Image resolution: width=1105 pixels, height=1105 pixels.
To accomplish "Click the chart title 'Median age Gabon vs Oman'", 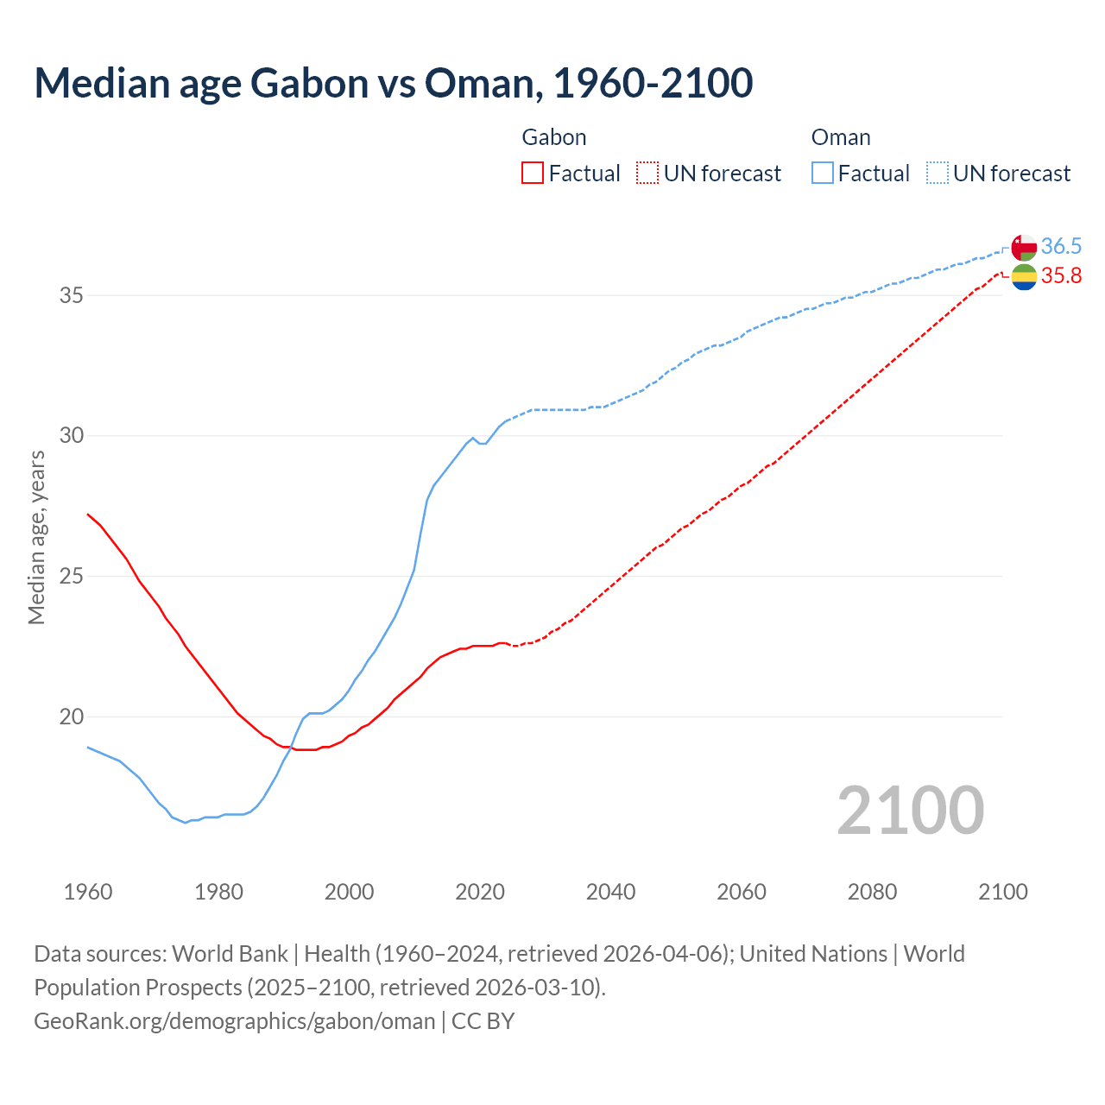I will tap(393, 83).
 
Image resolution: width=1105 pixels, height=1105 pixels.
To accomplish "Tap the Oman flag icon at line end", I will tap(1024, 247).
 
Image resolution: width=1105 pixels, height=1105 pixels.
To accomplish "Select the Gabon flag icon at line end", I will tap(1024, 277).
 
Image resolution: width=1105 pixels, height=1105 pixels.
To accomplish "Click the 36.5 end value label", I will tap(1061, 247).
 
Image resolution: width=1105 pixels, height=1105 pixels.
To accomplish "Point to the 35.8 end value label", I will tap(1061, 276).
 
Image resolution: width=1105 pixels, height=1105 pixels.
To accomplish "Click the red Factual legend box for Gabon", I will tap(533, 174).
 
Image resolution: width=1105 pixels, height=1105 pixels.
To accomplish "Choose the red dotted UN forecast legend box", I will tap(647, 174).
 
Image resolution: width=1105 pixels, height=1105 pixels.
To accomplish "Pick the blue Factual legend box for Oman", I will tap(823, 174).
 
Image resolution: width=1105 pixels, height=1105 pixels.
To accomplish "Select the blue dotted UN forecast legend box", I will tap(938, 174).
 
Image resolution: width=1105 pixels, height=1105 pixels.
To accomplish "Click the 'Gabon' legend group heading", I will tap(554, 137).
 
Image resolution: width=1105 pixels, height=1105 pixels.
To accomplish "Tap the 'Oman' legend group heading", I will tap(841, 137).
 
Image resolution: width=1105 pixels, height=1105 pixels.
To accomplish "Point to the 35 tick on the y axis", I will tap(72, 295).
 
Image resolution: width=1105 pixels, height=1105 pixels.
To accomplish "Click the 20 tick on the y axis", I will tap(72, 717).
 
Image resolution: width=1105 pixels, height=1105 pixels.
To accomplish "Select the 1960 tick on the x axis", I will tap(88, 892).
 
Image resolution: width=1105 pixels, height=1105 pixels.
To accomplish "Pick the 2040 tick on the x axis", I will tap(610, 892).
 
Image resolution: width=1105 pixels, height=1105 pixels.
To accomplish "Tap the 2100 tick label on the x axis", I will tap(1002, 892).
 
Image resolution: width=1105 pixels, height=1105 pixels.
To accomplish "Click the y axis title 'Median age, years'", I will tap(36, 537).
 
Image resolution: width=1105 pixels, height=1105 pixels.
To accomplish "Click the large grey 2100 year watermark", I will tap(910, 810).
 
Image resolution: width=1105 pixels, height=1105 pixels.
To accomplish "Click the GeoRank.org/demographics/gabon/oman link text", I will tap(235, 1021).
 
